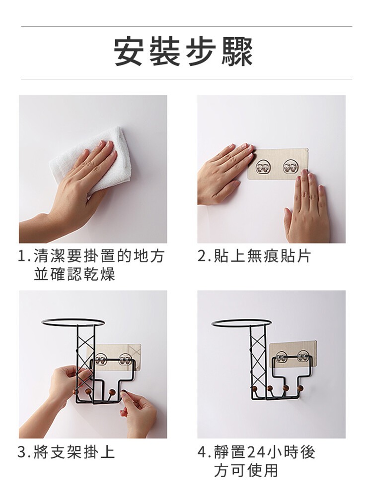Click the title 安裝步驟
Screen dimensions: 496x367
click(x=184, y=52)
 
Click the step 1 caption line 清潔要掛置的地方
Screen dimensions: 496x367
click(x=98, y=256)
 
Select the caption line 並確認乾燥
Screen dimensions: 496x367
click(x=74, y=273)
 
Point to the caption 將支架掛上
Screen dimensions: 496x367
click(x=74, y=452)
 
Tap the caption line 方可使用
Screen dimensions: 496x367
click(x=246, y=470)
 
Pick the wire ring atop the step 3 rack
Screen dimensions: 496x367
click(x=73, y=323)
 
